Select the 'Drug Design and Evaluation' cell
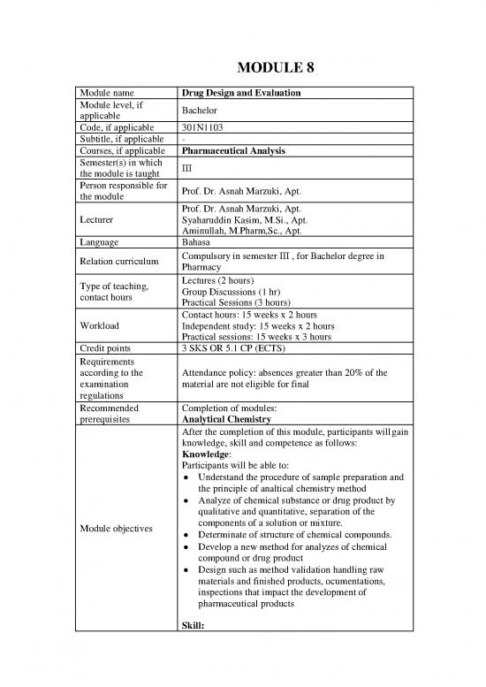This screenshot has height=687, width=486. pos(240,93)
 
